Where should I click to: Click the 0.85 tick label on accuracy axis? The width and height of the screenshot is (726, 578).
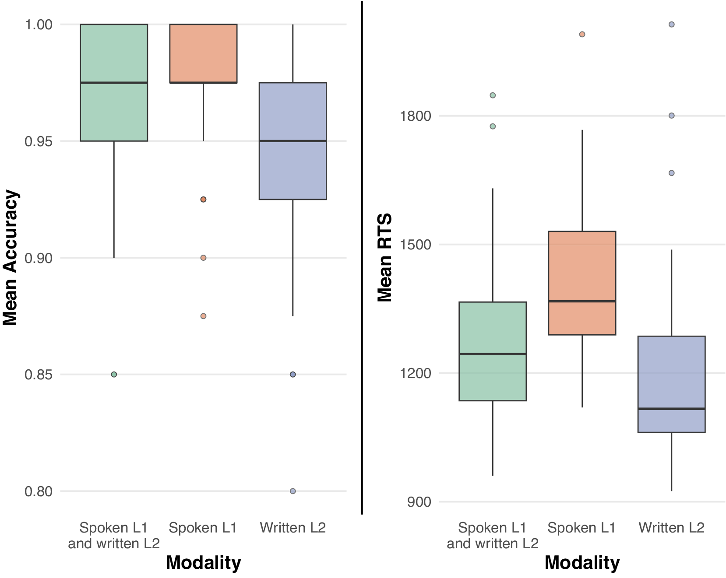tap(39, 375)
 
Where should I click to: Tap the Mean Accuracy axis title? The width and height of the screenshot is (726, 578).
tap(11, 258)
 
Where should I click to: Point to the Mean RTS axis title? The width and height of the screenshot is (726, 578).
tap(385, 258)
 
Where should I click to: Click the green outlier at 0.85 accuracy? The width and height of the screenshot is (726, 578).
tap(114, 375)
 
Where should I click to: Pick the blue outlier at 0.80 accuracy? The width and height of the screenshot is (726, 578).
tap(293, 491)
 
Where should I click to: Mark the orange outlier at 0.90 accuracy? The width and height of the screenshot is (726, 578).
tap(203, 258)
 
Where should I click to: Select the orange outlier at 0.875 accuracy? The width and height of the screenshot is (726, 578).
tap(203, 316)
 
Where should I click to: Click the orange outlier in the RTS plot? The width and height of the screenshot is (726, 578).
tap(582, 34)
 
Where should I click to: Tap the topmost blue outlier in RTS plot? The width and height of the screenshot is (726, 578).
tap(671, 25)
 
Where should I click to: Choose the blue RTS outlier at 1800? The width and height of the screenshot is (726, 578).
tap(671, 116)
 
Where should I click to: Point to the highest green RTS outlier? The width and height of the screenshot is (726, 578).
tap(493, 95)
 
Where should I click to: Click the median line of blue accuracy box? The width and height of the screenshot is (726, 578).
tap(293, 141)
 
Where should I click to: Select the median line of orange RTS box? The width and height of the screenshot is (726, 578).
tap(582, 301)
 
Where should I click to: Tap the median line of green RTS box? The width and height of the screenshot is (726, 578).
tap(493, 354)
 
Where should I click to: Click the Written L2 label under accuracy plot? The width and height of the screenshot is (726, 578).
tap(293, 528)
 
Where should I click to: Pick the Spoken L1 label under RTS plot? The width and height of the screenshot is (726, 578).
tap(582, 528)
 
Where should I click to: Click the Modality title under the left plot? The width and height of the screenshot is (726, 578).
tap(203, 563)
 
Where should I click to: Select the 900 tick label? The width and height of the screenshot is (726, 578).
tap(419, 502)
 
